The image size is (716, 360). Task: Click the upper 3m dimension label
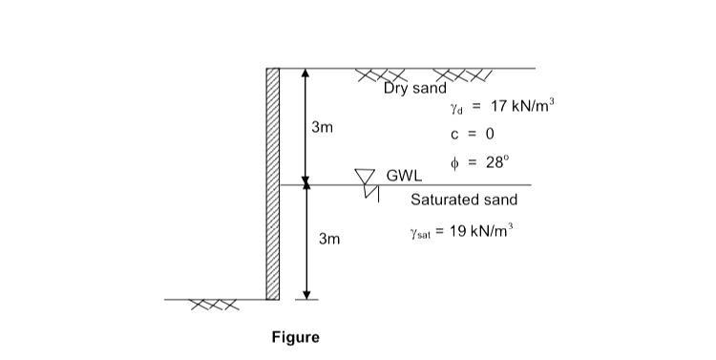tap(322, 127)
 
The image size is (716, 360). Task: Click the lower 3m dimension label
tap(329, 239)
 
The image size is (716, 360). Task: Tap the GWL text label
tap(403, 177)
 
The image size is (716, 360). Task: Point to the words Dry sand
tap(415, 89)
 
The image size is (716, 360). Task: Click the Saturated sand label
tap(464, 200)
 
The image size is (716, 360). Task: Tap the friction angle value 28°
tap(497, 162)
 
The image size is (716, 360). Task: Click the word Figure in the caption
tap(295, 337)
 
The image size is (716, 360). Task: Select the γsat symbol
tap(420, 234)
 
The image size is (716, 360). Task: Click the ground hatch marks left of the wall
tap(211, 306)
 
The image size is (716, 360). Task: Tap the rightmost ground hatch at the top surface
tap(462, 75)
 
